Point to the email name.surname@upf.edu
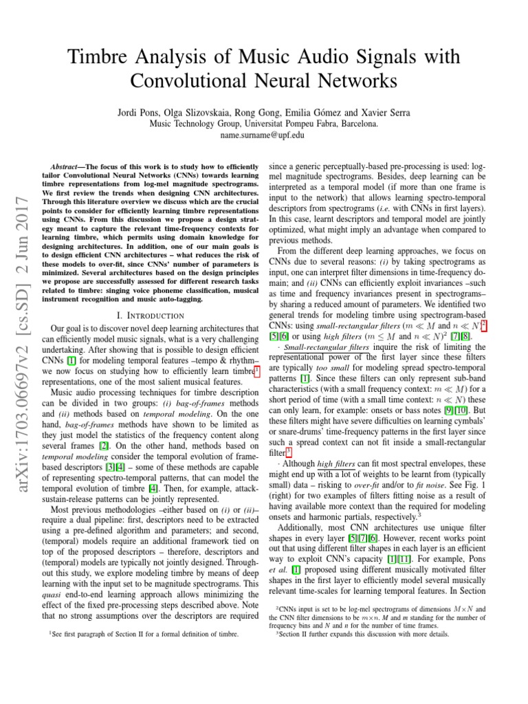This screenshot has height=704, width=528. (x=265, y=135)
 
